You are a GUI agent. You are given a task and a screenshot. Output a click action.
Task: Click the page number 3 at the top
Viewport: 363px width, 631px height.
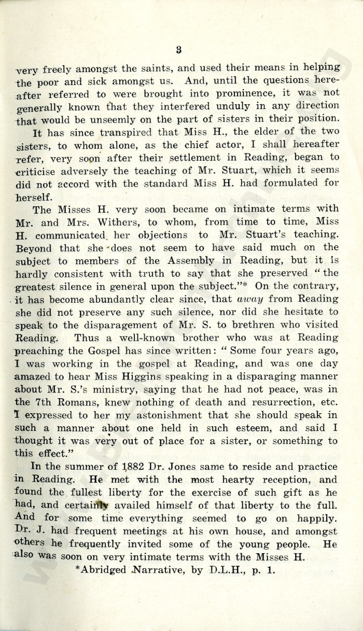[x=178, y=50]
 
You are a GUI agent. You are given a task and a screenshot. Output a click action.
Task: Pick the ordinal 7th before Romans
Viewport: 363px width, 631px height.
[x=44, y=402]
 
